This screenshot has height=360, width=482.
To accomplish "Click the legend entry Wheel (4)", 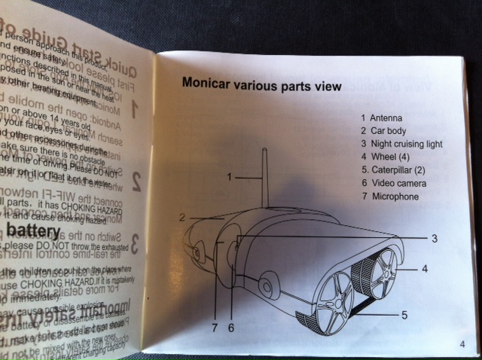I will click(392, 157).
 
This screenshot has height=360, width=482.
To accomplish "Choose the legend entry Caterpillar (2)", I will click(398, 170).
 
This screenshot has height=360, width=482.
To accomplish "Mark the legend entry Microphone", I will click(394, 197).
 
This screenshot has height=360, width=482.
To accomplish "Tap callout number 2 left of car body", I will click(182, 217).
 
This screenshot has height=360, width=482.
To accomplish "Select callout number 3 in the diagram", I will click(434, 238).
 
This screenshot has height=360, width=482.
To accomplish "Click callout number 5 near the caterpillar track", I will click(404, 316).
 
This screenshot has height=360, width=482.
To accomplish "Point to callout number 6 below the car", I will click(232, 328).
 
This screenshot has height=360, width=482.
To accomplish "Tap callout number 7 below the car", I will click(215, 328).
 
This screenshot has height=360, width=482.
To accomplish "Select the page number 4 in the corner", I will click(460, 345).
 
